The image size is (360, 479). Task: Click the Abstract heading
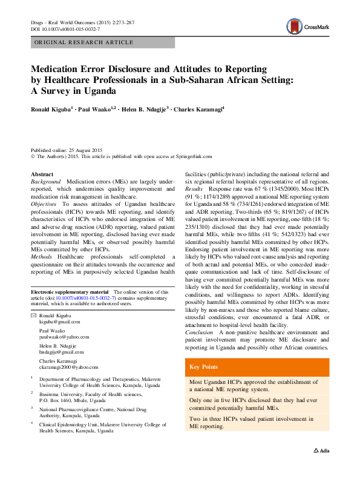tap(42, 174)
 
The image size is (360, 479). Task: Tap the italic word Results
tap(195, 190)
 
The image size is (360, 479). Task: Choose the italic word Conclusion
tap(198, 332)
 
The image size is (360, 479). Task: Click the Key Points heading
tap(203, 367)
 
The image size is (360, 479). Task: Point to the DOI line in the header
tap(65, 29)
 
